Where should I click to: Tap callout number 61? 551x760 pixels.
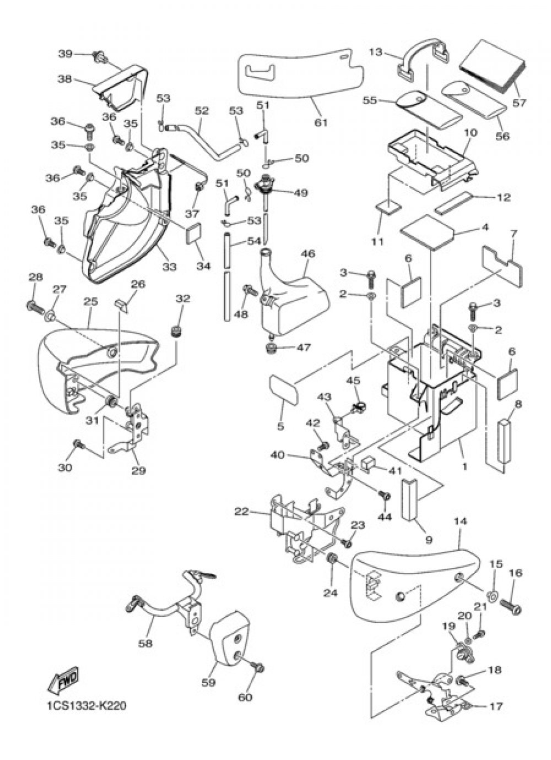[321, 122]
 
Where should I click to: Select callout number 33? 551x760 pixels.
[169, 267]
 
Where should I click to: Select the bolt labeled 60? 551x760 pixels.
[259, 669]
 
